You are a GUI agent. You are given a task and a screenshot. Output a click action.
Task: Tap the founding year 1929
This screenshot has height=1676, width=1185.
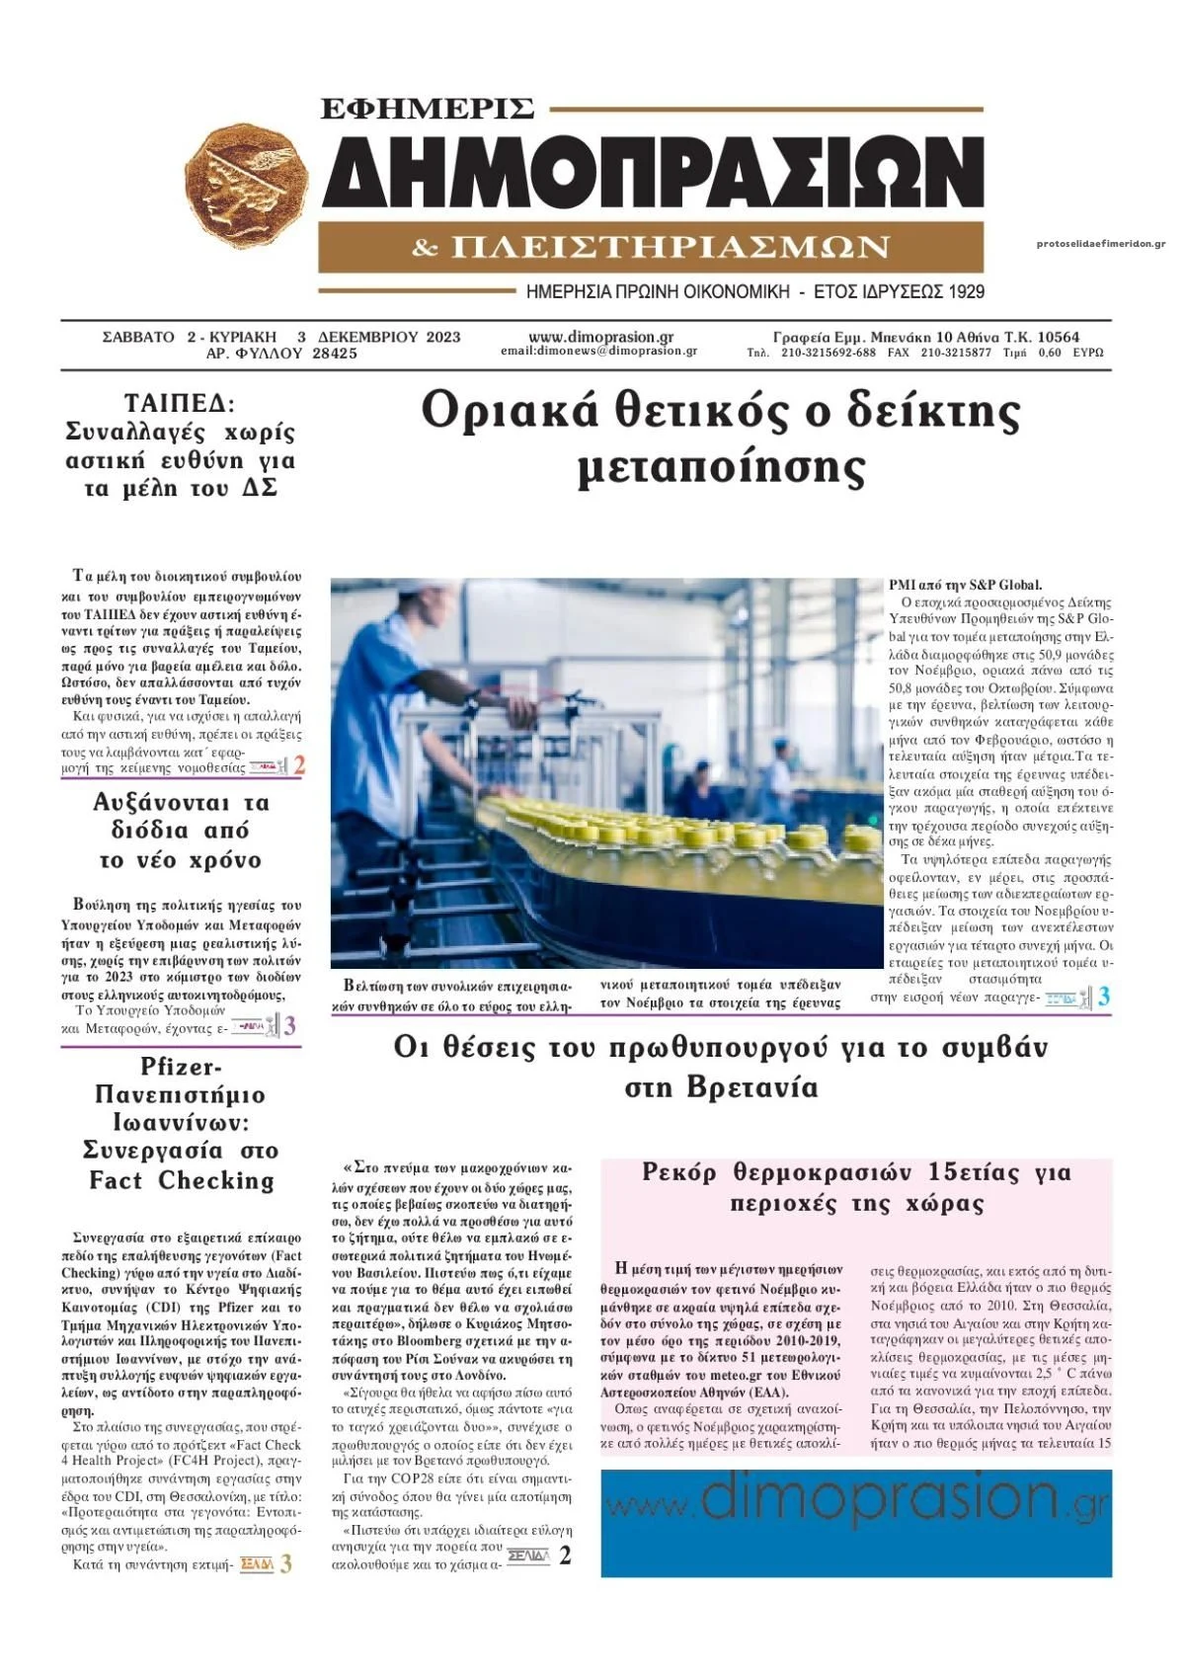pyautogui.click(x=966, y=292)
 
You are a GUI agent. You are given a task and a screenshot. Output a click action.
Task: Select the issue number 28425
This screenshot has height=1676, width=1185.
pyautogui.click(x=335, y=354)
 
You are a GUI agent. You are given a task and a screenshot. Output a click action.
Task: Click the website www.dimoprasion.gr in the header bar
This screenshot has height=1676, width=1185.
pyautogui.click(x=600, y=337)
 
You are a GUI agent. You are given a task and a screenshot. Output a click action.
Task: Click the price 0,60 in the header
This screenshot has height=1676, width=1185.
pyautogui.click(x=1050, y=353)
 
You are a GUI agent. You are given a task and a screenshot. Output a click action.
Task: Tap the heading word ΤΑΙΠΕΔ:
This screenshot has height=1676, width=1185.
pyautogui.click(x=180, y=403)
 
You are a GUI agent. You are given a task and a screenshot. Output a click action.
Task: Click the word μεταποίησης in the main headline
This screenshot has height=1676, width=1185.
pyautogui.click(x=721, y=467)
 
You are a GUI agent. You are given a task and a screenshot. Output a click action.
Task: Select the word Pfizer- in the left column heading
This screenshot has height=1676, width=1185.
pyautogui.click(x=181, y=1067)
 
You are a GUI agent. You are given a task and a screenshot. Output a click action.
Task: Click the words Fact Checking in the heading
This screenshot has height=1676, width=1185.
pyautogui.click(x=182, y=1180)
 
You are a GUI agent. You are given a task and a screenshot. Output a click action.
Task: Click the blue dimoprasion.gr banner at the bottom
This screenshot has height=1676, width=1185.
pyautogui.click(x=855, y=1523)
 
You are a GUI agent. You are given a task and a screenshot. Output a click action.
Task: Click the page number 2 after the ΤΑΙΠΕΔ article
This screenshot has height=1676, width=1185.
pyautogui.click(x=299, y=764)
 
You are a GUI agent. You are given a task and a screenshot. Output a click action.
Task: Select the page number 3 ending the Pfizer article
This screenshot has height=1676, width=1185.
pyautogui.click(x=286, y=1564)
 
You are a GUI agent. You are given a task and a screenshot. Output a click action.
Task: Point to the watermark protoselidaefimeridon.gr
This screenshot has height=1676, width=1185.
pyautogui.click(x=1100, y=243)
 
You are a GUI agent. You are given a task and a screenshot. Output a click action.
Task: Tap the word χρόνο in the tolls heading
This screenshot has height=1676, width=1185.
pyautogui.click(x=226, y=860)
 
